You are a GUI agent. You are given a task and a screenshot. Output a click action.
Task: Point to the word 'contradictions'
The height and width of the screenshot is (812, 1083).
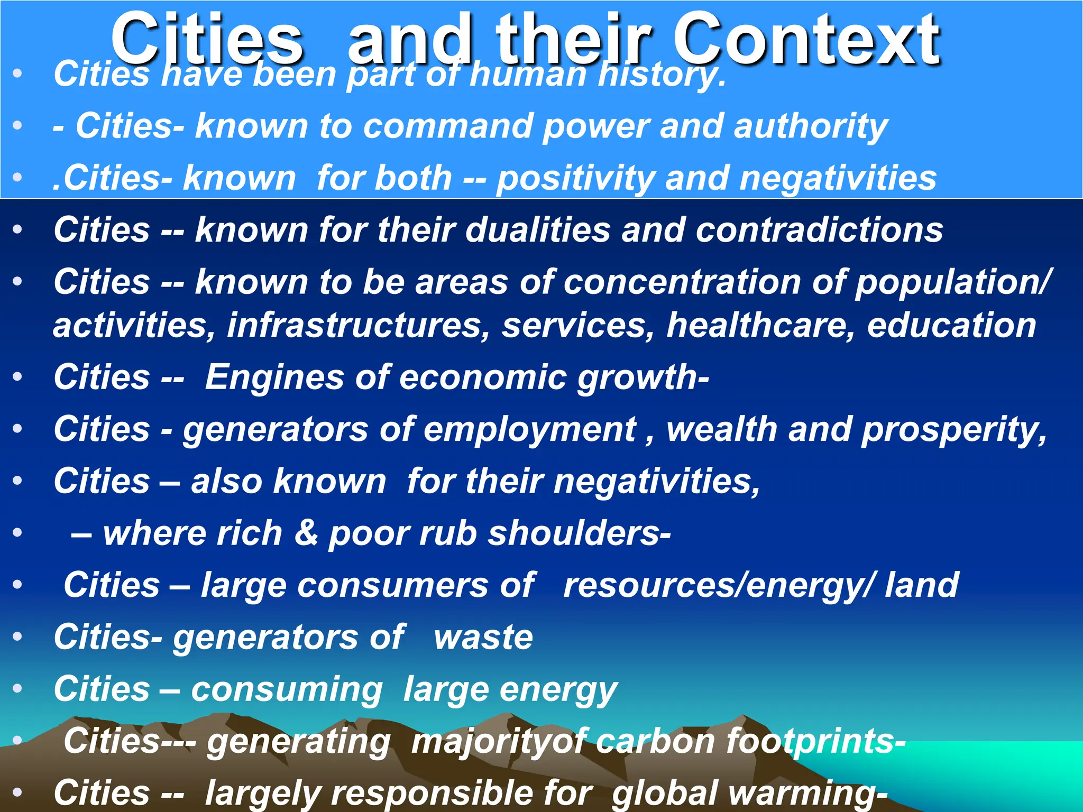[819, 230]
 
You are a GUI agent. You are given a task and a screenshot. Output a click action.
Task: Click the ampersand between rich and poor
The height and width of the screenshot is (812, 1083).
[306, 533]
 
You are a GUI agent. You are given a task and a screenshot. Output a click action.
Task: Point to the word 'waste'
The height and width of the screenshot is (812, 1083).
[483, 637]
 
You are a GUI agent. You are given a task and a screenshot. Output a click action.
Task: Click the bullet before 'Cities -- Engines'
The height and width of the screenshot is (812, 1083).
[18, 377]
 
